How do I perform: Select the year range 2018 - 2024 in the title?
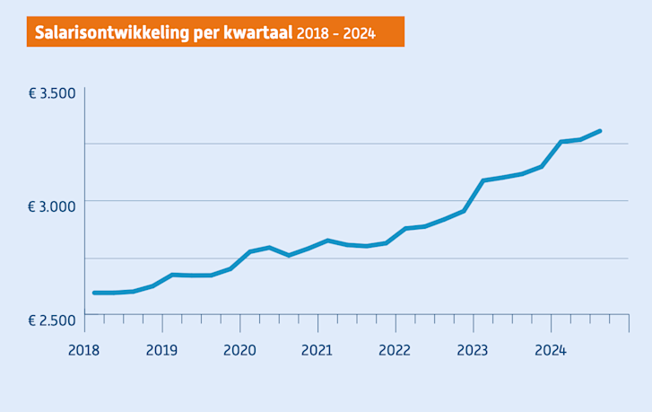click(335, 33)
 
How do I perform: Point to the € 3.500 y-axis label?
click(52, 93)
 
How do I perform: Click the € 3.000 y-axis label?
click(52, 206)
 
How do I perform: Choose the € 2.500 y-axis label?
click(52, 320)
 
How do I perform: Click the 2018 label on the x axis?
click(84, 350)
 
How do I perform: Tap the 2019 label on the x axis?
click(161, 350)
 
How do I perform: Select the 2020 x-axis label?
click(239, 350)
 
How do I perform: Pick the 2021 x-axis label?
click(317, 350)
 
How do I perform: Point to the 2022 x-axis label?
click(396, 350)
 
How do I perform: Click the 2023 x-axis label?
click(473, 350)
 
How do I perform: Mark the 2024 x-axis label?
click(551, 350)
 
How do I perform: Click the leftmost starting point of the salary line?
click(94, 293)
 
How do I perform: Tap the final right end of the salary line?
click(599, 131)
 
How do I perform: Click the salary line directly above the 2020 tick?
click(240, 258)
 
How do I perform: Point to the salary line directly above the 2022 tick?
click(396, 236)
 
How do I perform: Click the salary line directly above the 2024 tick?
click(551, 153)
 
